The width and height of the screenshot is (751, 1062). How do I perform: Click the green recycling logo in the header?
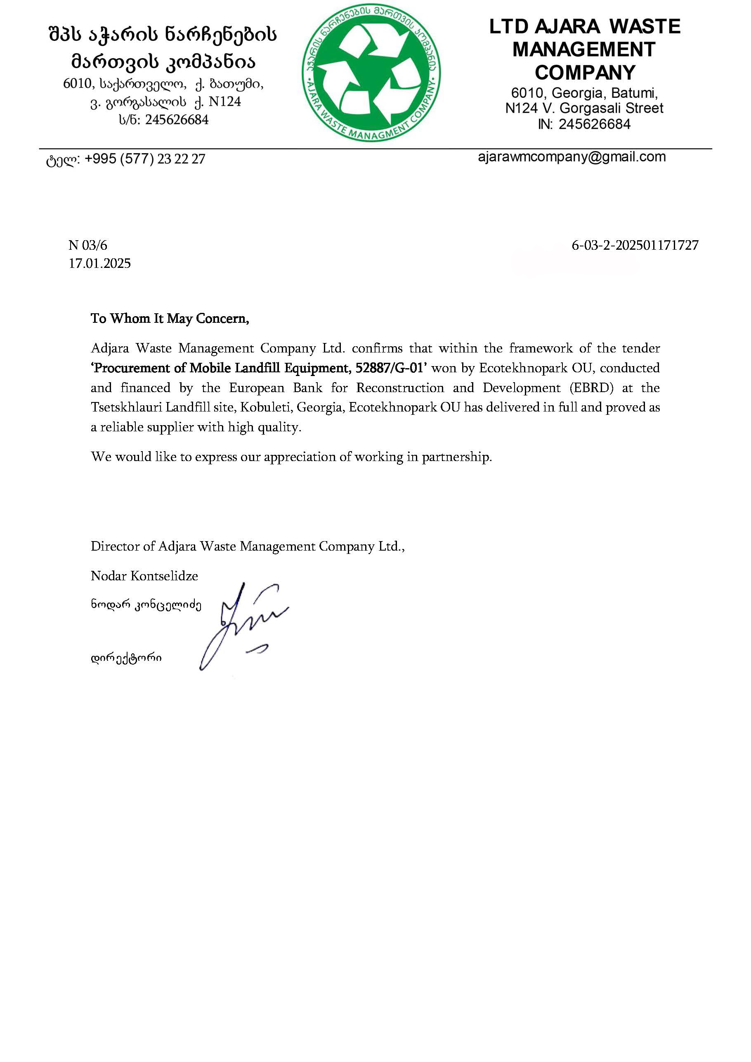click(371, 73)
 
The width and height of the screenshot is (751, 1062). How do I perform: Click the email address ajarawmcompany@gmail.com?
click(572, 157)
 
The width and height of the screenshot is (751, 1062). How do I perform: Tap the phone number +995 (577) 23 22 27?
click(145, 159)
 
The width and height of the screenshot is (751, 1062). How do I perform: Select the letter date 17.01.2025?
click(100, 264)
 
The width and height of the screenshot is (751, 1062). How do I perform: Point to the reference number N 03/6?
click(88, 245)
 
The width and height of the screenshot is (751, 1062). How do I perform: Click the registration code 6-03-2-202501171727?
click(635, 245)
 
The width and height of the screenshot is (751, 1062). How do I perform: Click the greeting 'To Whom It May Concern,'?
click(170, 319)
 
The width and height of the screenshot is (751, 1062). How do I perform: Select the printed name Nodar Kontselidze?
click(144, 576)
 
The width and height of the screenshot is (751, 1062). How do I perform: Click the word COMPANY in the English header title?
click(585, 73)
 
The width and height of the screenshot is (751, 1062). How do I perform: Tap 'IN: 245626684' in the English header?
click(584, 124)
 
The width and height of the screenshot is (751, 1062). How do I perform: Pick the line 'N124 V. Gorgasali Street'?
click(584, 108)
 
